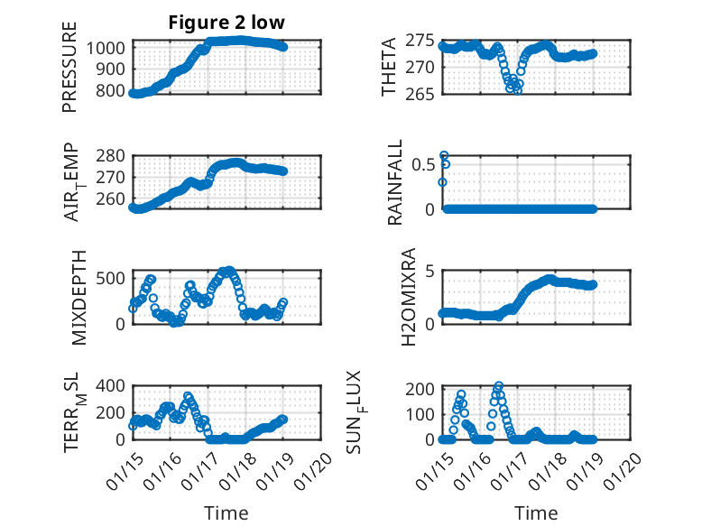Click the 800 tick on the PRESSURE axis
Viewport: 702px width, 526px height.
point(115,91)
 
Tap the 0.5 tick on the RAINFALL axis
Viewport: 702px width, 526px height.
point(424,165)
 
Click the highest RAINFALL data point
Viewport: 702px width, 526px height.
point(444,155)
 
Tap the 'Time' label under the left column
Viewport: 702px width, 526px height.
point(226,512)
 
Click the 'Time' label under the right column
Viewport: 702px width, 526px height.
point(536,512)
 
